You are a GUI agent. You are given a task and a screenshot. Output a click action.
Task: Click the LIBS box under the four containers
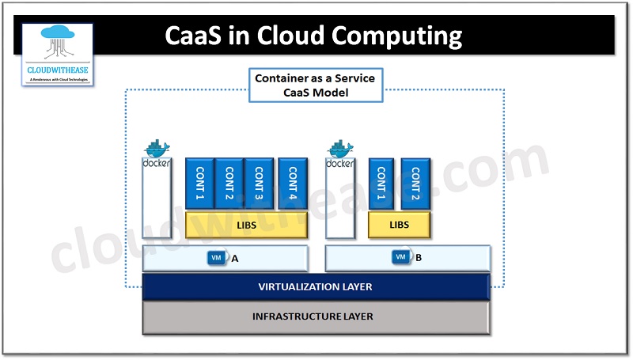[x=246, y=225]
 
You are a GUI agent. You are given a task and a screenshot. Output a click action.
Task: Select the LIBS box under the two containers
[x=400, y=225]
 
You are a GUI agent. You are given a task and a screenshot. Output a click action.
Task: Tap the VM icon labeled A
[x=216, y=258]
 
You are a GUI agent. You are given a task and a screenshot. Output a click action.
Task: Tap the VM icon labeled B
[x=401, y=258]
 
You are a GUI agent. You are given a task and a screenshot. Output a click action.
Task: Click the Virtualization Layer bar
[x=316, y=286]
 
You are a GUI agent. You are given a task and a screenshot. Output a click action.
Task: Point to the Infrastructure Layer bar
[x=316, y=316]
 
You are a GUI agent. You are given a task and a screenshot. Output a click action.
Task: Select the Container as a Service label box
[x=315, y=85]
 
